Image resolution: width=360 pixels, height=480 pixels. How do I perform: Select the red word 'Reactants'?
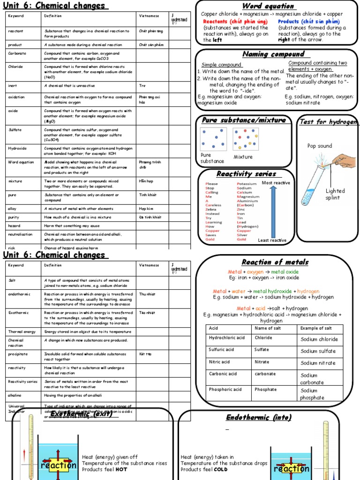coord(215,22)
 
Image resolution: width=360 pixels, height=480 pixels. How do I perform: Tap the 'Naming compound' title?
coord(273,54)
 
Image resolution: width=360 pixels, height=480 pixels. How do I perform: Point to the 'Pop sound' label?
coord(319,146)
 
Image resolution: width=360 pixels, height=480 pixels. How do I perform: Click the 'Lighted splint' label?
coord(335,194)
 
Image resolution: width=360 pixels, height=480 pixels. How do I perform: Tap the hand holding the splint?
coord(345,161)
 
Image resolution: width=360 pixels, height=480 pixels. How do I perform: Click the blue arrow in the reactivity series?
coord(274,210)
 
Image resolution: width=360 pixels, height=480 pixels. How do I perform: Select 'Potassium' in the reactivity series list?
coord(247,184)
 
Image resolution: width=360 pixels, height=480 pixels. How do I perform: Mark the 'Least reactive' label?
coord(272,240)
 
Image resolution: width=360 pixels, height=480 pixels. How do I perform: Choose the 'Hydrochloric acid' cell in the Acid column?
coord(226,338)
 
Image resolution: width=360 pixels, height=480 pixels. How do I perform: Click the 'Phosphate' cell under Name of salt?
coord(265,390)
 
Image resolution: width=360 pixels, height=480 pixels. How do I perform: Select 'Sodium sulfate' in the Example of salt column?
coord(318,351)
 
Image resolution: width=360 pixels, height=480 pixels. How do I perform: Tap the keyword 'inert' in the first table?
coord(12,86)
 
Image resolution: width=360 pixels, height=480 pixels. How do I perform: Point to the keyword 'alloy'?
coord(12,209)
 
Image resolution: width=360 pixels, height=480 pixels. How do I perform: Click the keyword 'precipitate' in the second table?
coord(17,354)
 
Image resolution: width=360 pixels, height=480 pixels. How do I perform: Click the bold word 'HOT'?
coord(121,470)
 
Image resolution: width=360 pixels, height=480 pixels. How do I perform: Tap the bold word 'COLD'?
coord(221,470)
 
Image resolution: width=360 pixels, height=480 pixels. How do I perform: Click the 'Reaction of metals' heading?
coord(275,262)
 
